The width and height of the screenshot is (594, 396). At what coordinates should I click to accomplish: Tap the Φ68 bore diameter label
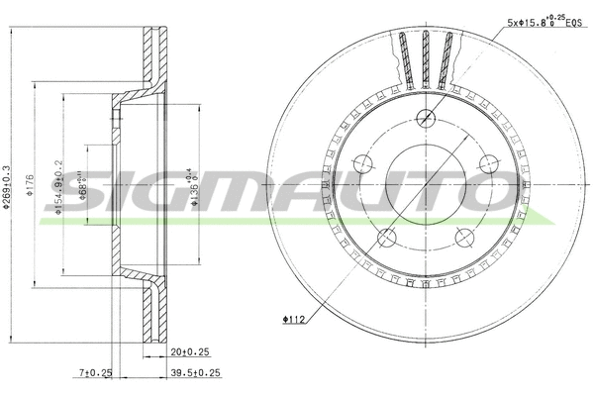click(83, 186)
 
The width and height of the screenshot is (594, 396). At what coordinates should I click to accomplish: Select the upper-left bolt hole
click(362, 163)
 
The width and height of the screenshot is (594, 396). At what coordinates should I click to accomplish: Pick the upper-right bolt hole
click(488, 163)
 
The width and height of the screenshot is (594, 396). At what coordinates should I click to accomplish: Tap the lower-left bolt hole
click(387, 237)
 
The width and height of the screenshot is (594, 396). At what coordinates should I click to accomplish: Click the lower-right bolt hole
click(463, 237)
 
